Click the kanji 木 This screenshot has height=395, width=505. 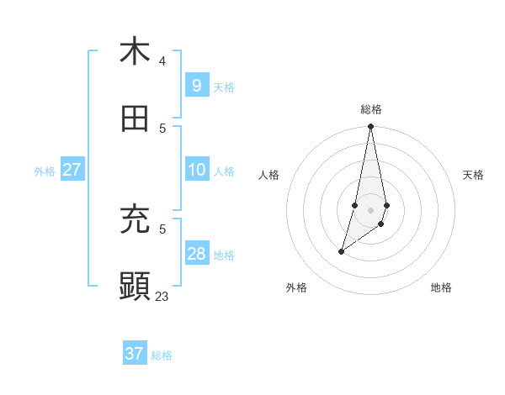(135, 51)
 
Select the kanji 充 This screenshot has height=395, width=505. (135, 219)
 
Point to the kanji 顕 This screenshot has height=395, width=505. (135, 286)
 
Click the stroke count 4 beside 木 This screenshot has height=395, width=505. (162, 61)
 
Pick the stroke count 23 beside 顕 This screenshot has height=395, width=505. (162, 296)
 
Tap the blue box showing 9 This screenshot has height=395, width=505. (196, 86)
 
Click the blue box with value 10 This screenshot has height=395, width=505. (196, 170)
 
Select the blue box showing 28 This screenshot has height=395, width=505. (196, 254)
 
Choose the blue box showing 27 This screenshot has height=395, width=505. (72, 170)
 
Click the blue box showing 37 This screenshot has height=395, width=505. (134, 354)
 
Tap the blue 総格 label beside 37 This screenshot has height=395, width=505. (162, 355)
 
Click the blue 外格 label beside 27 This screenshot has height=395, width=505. (45, 171)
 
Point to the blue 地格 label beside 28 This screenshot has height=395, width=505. (224, 255)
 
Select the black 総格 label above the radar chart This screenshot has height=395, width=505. (371, 109)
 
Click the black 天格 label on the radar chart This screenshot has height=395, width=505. (473, 175)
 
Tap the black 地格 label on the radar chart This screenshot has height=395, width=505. (441, 287)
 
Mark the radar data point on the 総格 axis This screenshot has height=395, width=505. (370, 126)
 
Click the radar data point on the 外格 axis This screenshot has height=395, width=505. (341, 251)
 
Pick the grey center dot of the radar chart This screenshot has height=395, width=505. (370, 209)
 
